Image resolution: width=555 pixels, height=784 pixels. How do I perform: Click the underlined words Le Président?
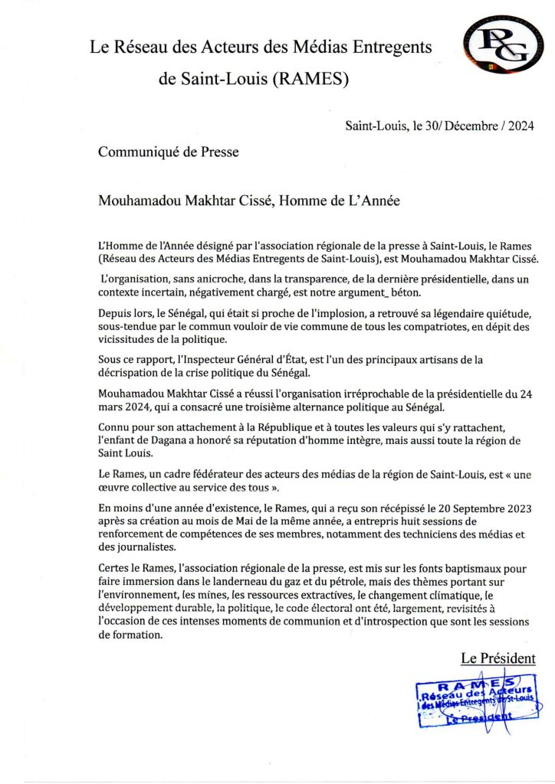click(498, 658)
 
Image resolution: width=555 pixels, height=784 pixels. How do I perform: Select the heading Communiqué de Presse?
click(168, 152)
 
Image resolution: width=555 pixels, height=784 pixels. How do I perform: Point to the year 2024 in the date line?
click(518, 126)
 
